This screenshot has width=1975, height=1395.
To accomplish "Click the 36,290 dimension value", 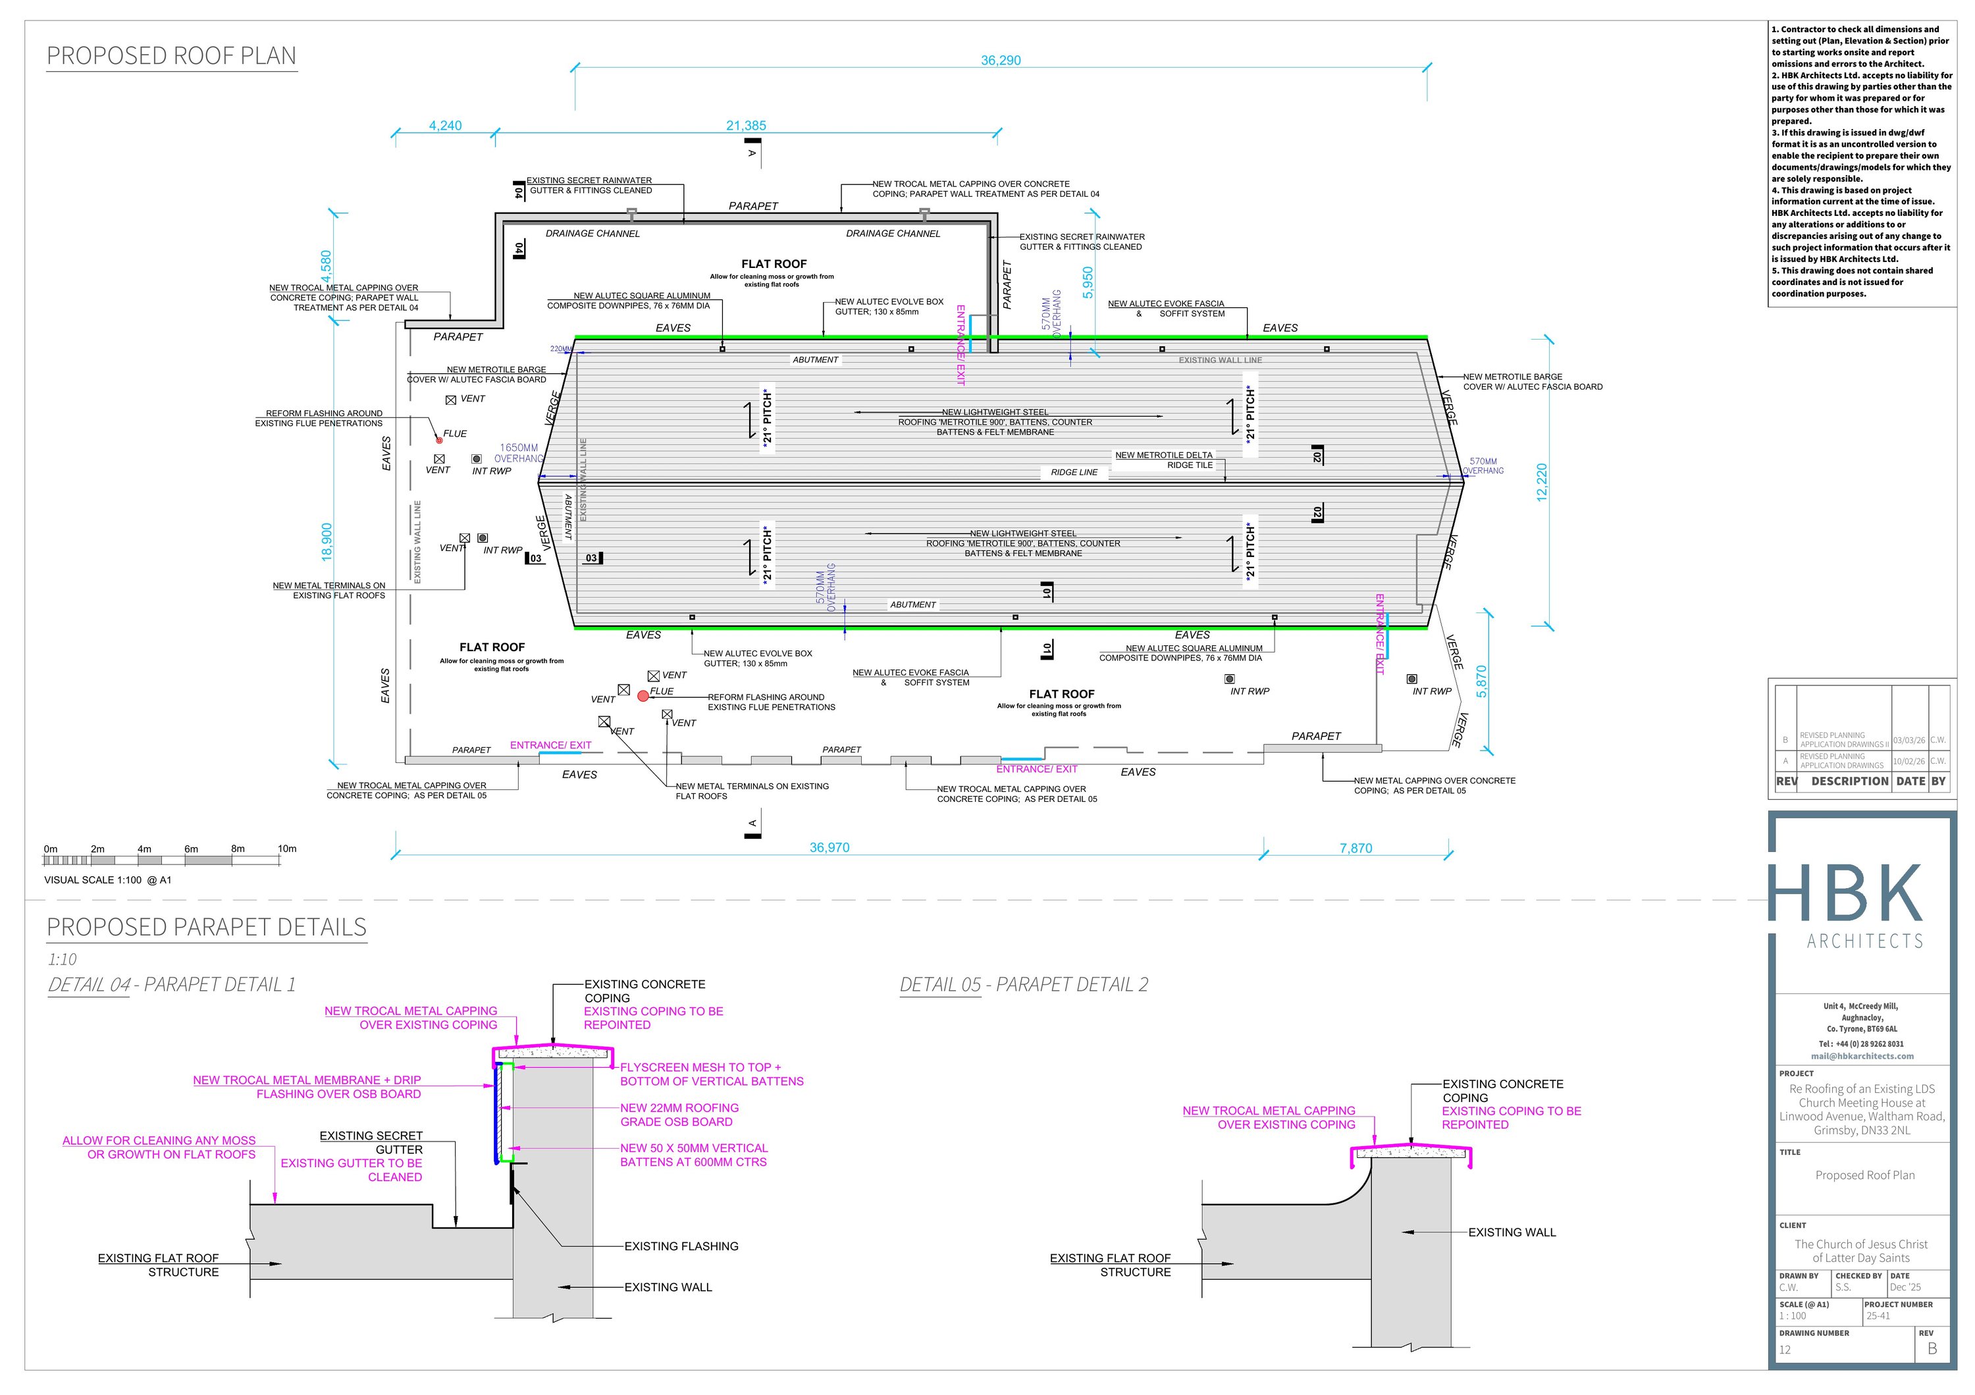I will coord(1001,60).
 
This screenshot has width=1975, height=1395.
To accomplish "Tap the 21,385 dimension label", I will coord(746,126).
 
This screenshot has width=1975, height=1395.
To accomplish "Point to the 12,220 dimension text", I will coord(1541,482).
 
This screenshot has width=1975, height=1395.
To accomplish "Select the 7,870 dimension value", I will coord(1356,848).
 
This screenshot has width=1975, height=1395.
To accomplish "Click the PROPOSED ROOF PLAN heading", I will coord(171,56).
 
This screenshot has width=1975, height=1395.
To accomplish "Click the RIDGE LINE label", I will coord(1074,472).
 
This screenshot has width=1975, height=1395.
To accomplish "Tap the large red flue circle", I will coord(643,696).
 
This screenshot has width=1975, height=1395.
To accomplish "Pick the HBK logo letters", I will coord(1846,895).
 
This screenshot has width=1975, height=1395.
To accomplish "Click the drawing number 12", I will coord(1785,1350).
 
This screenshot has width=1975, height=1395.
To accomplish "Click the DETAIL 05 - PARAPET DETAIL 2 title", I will coord(1024,985).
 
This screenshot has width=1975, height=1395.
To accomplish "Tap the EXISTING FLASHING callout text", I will coord(681,1246).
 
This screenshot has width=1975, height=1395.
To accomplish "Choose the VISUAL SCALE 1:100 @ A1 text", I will coord(107,880).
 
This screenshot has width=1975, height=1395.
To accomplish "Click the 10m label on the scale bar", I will coord(286,849).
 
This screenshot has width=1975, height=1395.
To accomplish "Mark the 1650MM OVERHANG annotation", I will coord(519,453).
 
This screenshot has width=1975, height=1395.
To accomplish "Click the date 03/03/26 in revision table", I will coord(1909,740).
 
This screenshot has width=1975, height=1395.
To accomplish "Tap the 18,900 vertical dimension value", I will coord(326,542).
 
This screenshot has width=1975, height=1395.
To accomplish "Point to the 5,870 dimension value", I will coord(1481,681).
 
